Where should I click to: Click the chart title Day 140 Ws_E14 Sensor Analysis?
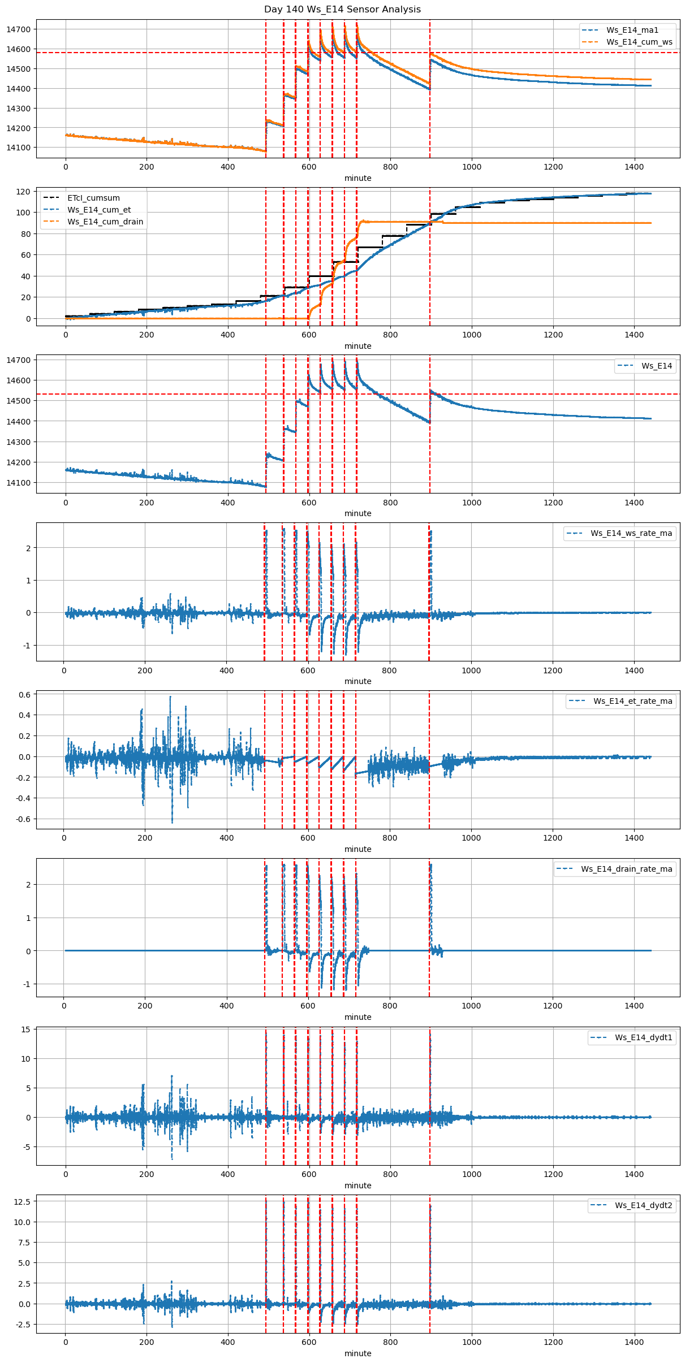[342, 10]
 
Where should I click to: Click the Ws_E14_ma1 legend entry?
[632, 30]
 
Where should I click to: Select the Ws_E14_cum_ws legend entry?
[639, 42]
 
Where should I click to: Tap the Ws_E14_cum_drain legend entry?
[105, 222]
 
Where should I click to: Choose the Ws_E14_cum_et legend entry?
[99, 210]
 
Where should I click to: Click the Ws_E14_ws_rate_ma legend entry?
[631, 533]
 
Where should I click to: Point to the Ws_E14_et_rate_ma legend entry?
[632, 701]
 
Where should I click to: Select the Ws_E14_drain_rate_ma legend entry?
[626, 869]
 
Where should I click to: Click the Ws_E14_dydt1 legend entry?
[644, 1037]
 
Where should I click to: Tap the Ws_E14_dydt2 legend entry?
[644, 1205]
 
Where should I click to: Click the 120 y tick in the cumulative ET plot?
[24, 192]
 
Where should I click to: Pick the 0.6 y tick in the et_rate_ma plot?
[24, 694]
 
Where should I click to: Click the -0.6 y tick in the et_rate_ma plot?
[23, 819]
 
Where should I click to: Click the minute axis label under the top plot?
[358, 178]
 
